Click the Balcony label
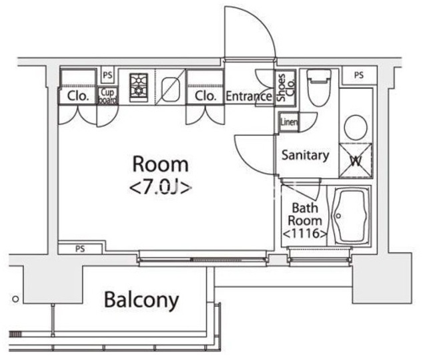click(141, 300)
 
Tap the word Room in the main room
click(160, 164)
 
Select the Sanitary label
click(305, 156)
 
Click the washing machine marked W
click(356, 160)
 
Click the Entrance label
click(248, 96)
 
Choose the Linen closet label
click(288, 122)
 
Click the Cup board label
click(107, 96)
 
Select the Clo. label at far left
click(77, 96)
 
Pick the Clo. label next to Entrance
click(205, 96)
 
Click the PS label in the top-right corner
click(359, 75)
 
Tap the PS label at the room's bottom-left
click(79, 249)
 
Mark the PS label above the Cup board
click(107, 74)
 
